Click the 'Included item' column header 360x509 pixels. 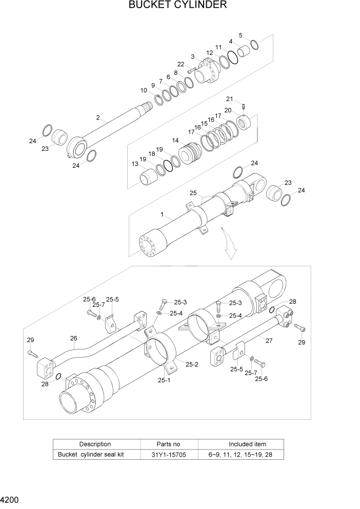[x=247, y=444]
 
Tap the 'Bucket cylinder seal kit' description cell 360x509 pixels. [x=91, y=454]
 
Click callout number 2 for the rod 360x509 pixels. [x=97, y=118]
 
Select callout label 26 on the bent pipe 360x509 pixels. [x=73, y=338]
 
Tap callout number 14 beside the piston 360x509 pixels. [x=175, y=141]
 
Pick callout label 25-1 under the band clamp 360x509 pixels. [x=164, y=380]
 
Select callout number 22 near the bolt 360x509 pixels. [x=181, y=64]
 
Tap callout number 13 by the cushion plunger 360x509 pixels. [x=135, y=164]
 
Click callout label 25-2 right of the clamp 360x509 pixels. [x=192, y=364]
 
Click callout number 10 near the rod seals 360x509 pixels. [x=144, y=90]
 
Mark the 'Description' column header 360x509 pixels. [x=94, y=444]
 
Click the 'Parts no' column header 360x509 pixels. [x=168, y=444]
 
